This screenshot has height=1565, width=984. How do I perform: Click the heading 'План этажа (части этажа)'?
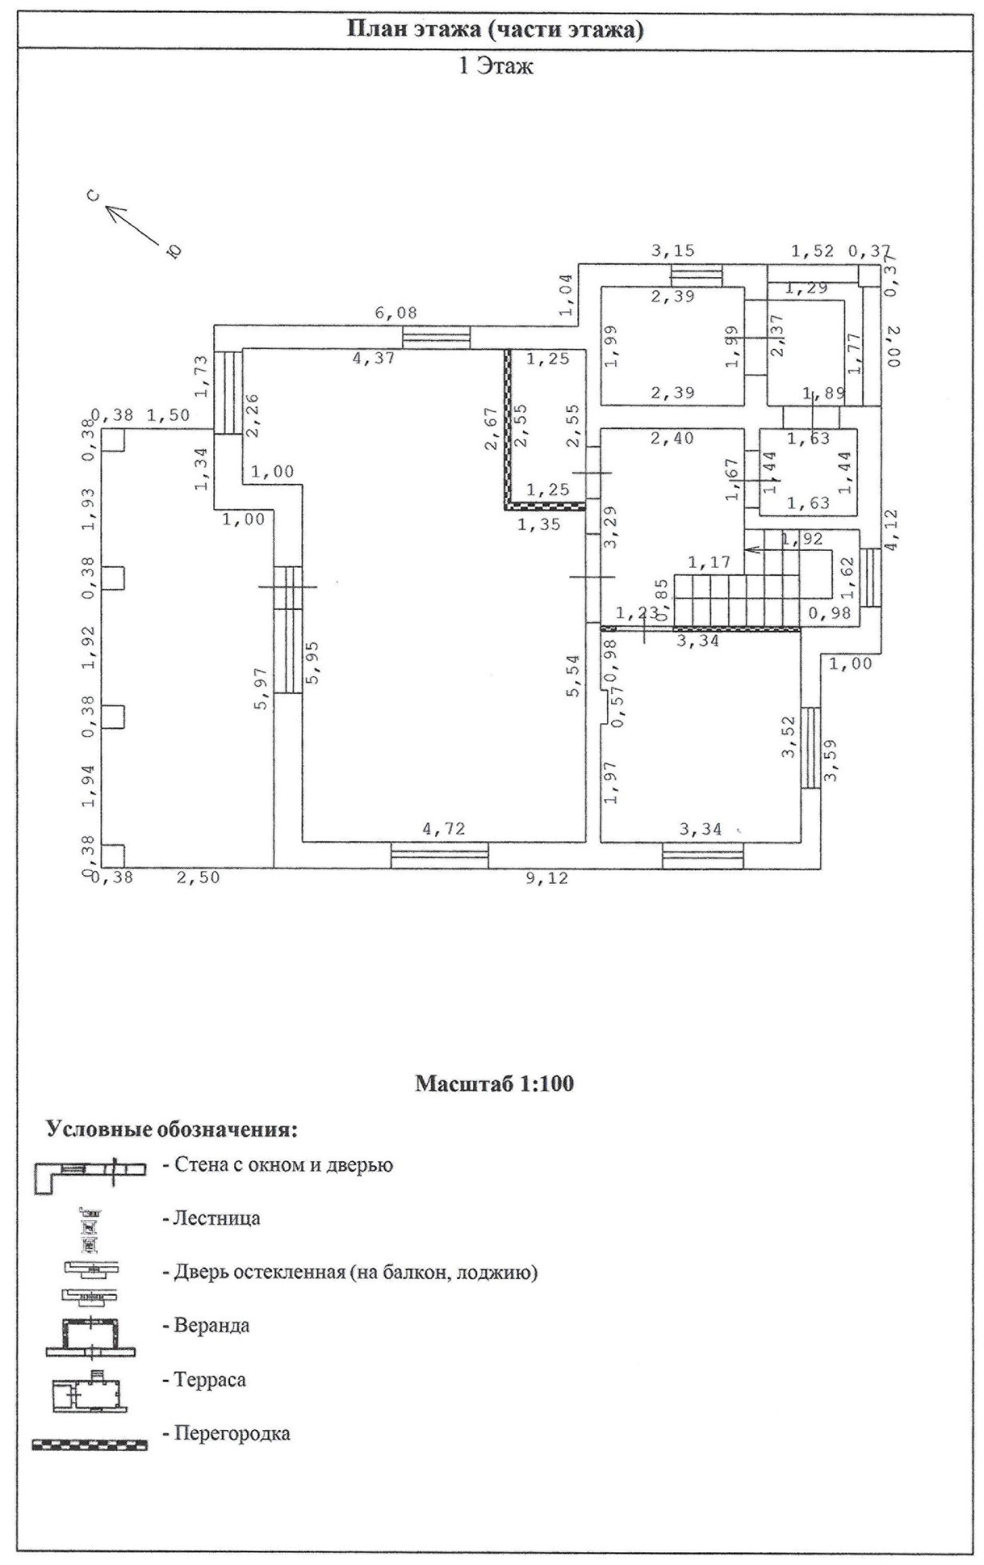click(495, 30)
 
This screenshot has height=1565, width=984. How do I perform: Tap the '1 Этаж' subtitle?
click(495, 67)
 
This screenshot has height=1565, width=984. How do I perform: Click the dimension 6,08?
click(395, 314)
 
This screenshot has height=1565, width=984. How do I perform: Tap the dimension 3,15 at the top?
click(673, 252)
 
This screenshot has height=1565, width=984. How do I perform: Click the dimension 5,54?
click(573, 676)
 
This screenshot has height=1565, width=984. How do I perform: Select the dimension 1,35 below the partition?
click(539, 525)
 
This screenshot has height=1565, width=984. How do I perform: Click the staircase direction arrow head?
click(748, 549)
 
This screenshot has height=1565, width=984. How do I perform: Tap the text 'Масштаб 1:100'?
click(494, 1084)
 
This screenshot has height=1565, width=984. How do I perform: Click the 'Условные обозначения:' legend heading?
click(172, 1130)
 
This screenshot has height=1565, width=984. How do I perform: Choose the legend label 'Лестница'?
click(211, 1219)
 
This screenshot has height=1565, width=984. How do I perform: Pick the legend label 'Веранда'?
click(206, 1326)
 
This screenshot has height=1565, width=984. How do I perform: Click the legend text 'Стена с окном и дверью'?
click(277, 1165)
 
